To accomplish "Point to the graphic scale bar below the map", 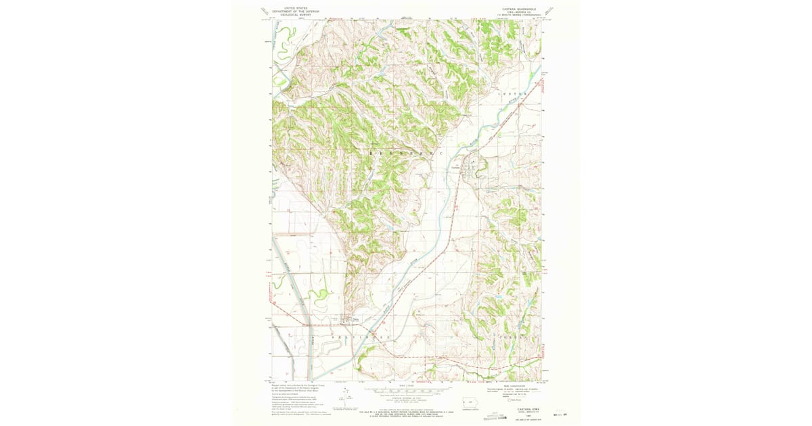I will pos(406,391).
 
